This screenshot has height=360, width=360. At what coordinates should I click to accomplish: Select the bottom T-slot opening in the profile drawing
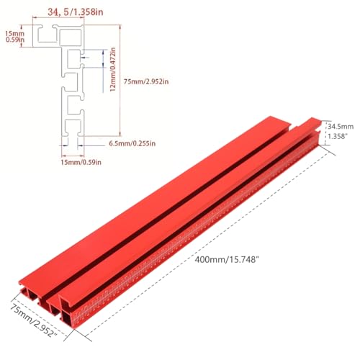point(72,130)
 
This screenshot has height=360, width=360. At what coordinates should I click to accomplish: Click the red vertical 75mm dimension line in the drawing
point(120,81)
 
